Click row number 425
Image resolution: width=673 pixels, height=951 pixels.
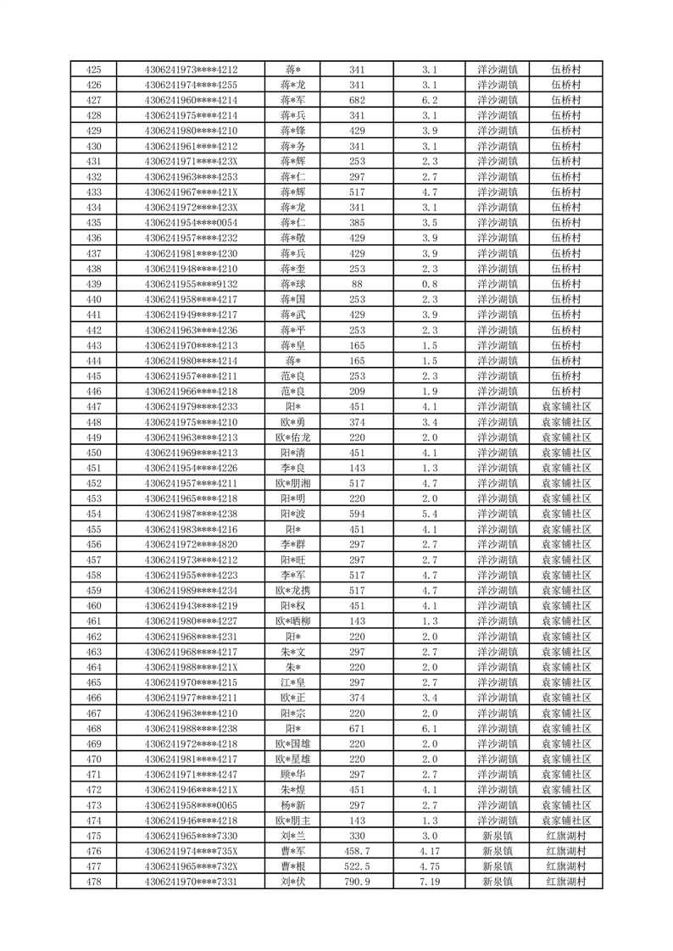click(x=94, y=70)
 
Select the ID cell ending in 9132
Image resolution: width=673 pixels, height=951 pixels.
click(x=191, y=284)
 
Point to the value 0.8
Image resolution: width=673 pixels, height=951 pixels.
click(x=429, y=284)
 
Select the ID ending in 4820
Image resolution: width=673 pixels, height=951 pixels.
click(x=191, y=545)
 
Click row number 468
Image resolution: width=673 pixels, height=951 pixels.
click(x=94, y=729)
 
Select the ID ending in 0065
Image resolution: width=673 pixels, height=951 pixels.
click(x=191, y=805)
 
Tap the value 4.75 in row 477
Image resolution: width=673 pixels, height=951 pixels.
click(x=429, y=867)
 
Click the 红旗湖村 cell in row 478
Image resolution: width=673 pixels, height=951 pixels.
click(x=565, y=882)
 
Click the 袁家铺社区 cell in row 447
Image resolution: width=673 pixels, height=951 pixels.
click(x=565, y=407)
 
